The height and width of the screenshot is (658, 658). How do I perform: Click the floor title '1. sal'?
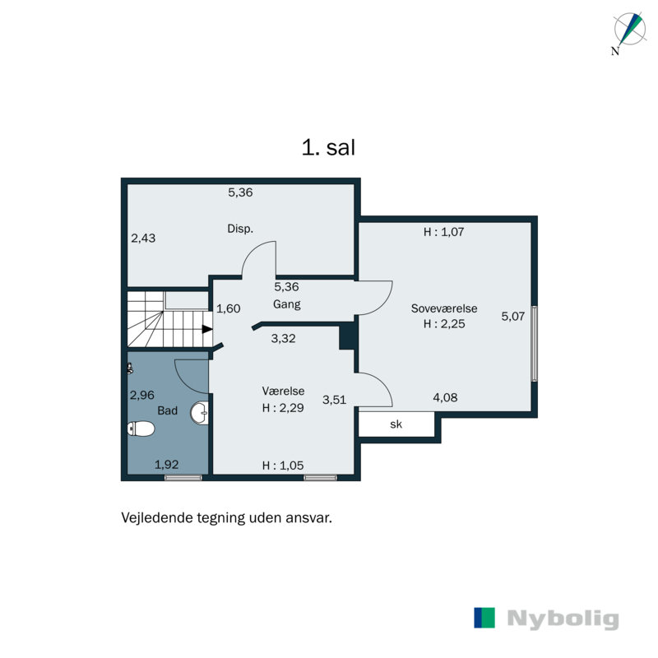328,149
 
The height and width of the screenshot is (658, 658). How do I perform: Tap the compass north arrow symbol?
629,30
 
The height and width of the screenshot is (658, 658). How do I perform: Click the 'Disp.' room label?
239,229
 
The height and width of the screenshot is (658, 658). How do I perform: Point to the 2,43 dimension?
143,239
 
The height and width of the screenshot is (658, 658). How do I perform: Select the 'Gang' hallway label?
287,304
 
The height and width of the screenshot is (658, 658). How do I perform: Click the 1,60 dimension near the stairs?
228,309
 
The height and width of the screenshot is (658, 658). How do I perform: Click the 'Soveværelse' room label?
444,308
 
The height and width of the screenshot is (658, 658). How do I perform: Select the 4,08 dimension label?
445,398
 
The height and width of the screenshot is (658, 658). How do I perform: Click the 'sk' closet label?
396,424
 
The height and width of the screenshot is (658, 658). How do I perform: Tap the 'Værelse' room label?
280,391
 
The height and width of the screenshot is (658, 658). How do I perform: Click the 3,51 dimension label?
334,400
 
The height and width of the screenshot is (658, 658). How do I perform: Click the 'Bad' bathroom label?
168,410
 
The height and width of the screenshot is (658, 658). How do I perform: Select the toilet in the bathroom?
142,429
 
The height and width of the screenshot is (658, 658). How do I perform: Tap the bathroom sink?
199,411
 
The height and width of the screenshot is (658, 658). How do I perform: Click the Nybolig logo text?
563,619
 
